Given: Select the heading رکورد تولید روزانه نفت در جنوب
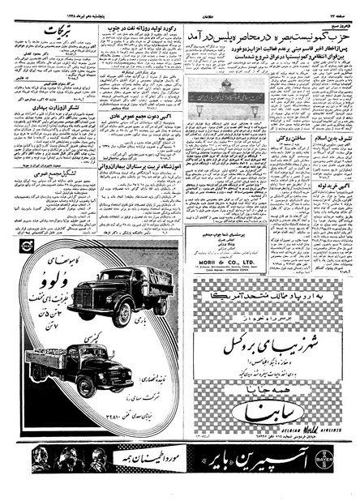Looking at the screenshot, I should point(145,31).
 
